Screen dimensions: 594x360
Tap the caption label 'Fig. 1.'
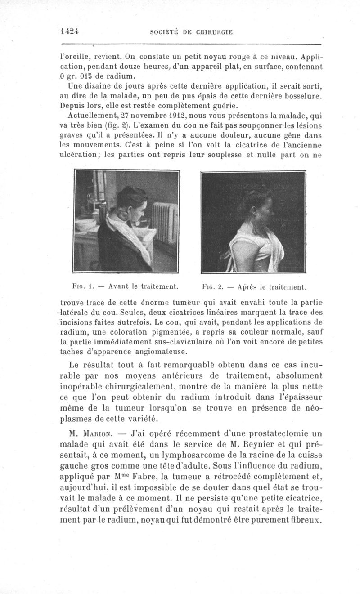81,284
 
